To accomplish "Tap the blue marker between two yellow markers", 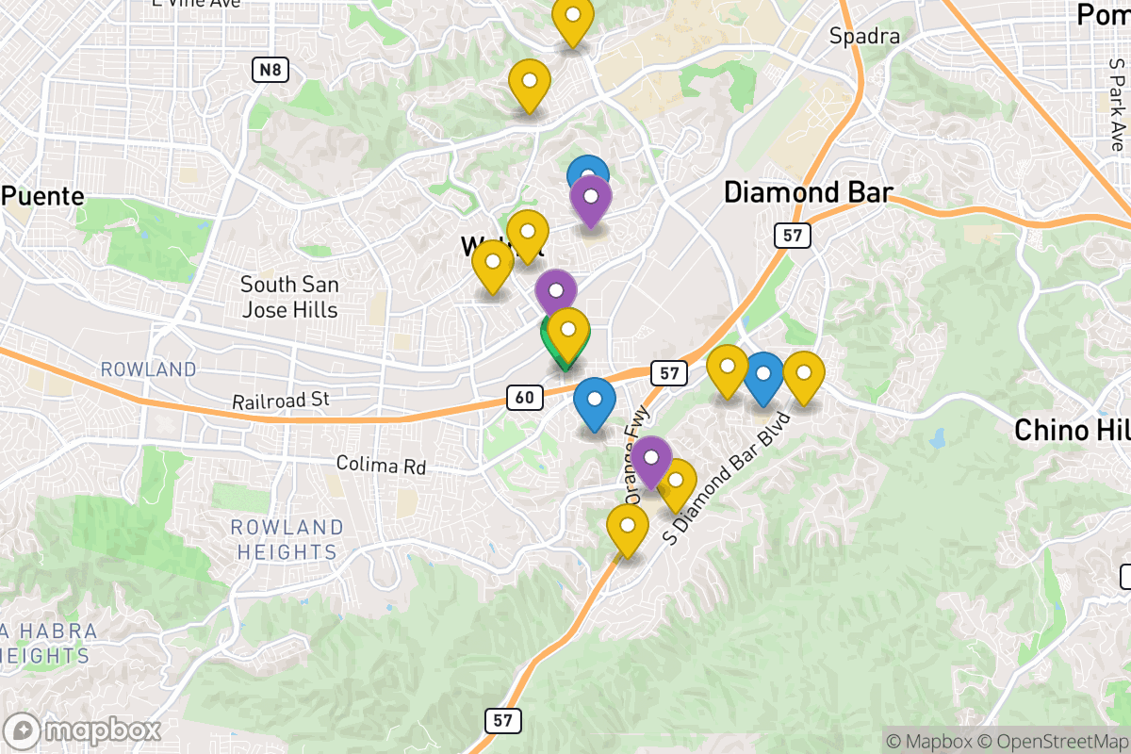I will (763, 376).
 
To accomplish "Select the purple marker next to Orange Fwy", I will (650, 460).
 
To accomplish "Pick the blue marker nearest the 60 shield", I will (594, 401).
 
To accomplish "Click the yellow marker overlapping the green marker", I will (568, 333).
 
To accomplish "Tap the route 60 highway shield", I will (524, 398).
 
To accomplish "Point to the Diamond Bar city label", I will (808, 192).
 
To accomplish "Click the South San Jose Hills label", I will (289, 296).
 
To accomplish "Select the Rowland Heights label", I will (286, 539).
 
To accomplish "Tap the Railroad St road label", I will (280, 401).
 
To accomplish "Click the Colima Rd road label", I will (381, 466).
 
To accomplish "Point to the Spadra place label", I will (864, 37).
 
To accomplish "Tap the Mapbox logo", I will (83, 731).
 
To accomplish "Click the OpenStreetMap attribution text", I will (1056, 741).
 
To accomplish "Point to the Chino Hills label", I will (1072, 431).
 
